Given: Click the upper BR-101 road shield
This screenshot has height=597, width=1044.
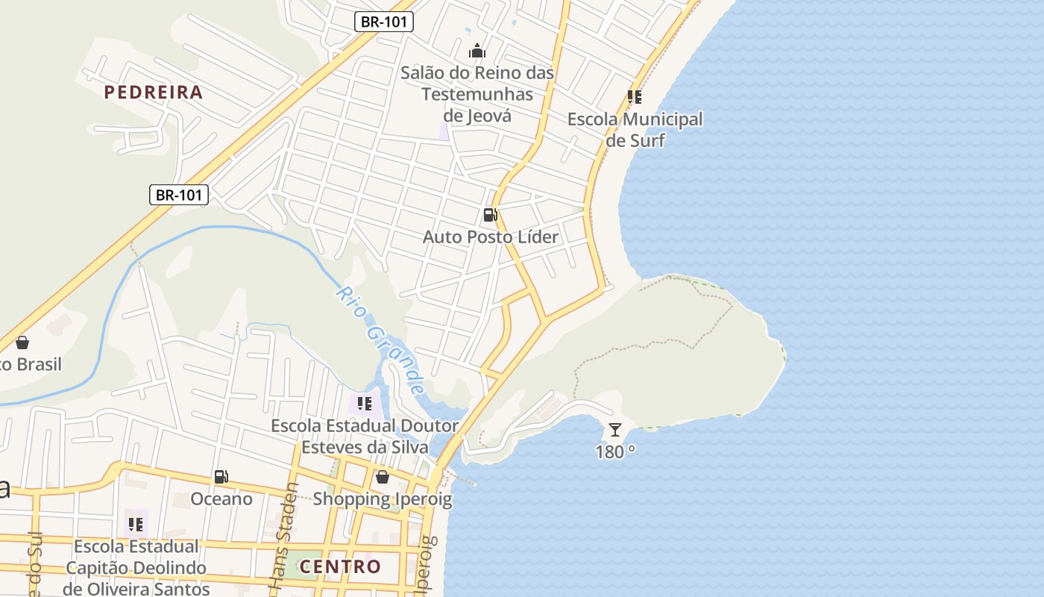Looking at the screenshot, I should pyautogui.click(x=383, y=22).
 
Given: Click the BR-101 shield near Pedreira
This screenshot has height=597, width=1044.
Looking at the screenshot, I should pyautogui.click(x=178, y=196).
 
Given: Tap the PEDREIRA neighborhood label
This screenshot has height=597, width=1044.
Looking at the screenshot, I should pyautogui.click(x=153, y=93).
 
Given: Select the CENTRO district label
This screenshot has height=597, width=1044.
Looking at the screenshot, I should pyautogui.click(x=340, y=566).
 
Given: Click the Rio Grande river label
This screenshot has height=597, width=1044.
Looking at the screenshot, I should pyautogui.click(x=380, y=340).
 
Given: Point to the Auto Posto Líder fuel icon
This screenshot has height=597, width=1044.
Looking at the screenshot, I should pyautogui.click(x=490, y=215).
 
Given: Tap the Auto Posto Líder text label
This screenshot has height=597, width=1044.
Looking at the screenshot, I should pyautogui.click(x=490, y=237).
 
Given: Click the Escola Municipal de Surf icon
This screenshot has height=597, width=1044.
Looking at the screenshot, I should pyautogui.click(x=634, y=97).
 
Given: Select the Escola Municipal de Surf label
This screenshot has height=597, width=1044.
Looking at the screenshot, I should pyautogui.click(x=635, y=130).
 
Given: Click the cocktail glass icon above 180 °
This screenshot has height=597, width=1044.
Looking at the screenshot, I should pyautogui.click(x=614, y=429).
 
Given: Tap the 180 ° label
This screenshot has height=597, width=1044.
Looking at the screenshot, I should pyautogui.click(x=614, y=451).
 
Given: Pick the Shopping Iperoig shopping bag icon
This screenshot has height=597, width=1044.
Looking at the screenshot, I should pyautogui.click(x=383, y=477).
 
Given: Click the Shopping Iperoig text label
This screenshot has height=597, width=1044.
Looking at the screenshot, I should pyautogui.click(x=383, y=499).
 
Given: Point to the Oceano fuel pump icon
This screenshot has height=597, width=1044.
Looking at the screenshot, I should pyautogui.click(x=221, y=476).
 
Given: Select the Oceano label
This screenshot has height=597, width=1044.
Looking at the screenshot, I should pyautogui.click(x=221, y=498).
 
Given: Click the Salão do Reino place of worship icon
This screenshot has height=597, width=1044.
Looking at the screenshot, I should pyautogui.click(x=477, y=51).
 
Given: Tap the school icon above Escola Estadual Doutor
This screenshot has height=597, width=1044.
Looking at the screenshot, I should pyautogui.click(x=365, y=404).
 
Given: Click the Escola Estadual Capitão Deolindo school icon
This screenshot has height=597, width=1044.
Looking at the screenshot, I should pyautogui.click(x=135, y=524).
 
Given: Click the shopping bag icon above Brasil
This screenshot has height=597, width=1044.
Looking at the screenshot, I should pyautogui.click(x=22, y=343).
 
